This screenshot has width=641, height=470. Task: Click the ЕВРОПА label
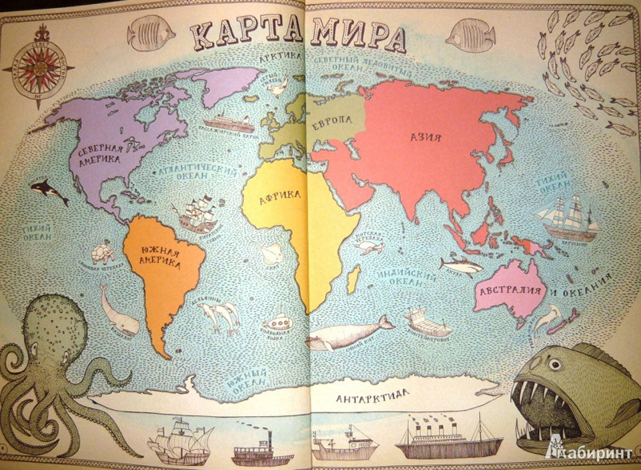pos(332,121)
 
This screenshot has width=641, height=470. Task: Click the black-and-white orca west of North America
pos(50,190)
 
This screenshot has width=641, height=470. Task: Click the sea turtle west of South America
pos(103,253)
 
